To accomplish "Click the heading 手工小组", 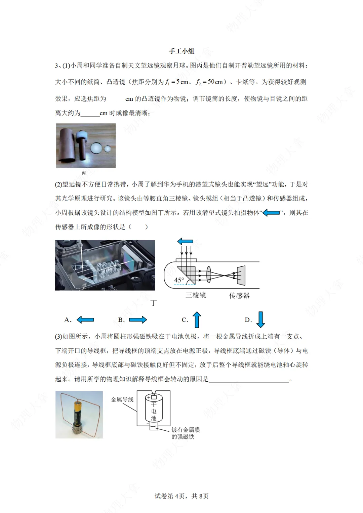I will click(x=182, y=51).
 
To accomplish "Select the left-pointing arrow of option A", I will click(x=85, y=320).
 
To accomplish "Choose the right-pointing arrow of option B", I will click(x=138, y=320).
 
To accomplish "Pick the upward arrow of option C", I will click(x=197, y=319).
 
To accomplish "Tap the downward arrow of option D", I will click(x=260, y=319).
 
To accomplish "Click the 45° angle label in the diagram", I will click(x=179, y=280).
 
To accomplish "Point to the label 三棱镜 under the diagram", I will click(x=196, y=295).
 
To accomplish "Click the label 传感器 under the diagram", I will click(x=239, y=295).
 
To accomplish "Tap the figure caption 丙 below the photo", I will click(x=84, y=173).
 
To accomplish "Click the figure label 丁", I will click(x=154, y=303).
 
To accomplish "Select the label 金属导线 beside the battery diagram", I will click(x=122, y=399).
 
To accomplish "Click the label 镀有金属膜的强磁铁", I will click(x=186, y=433).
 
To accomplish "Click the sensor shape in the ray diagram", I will click(x=241, y=275).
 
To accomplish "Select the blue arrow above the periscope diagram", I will click(x=185, y=241).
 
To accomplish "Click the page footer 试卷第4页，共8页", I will click(x=182, y=496).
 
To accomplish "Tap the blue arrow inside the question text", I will click(x=271, y=213).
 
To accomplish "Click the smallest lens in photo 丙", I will click(x=108, y=148).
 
